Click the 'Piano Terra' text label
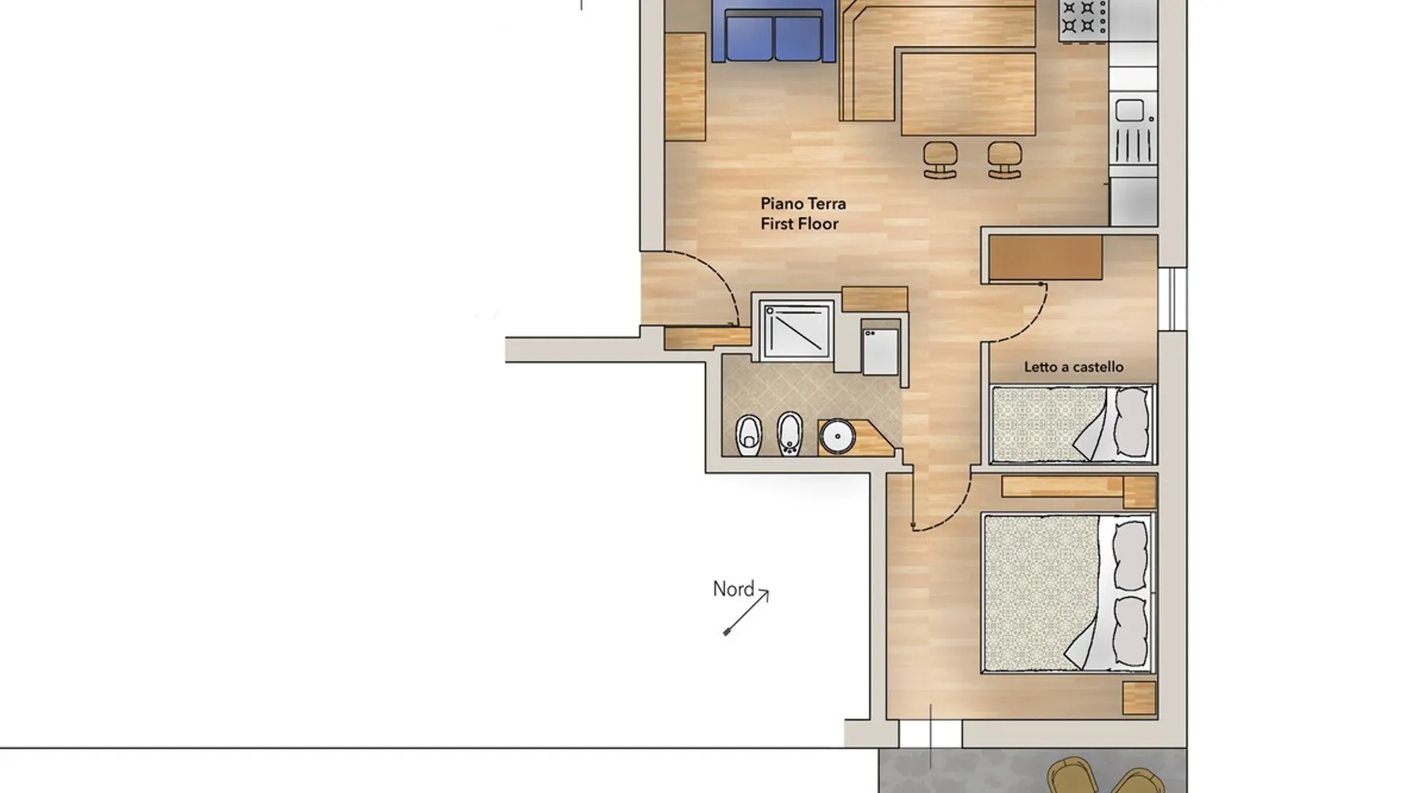[x=803, y=204]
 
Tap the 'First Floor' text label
[x=799, y=224]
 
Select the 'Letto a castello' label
[x=1073, y=367]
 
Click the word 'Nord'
[x=733, y=589]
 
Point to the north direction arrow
[x=746, y=611]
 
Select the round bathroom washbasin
[x=837, y=436]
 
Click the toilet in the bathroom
[x=748, y=435]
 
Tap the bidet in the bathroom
[x=789, y=433]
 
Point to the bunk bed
[x=1073, y=424]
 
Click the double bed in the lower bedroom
[x=1068, y=593]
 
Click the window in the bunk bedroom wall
[x=1173, y=299]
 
